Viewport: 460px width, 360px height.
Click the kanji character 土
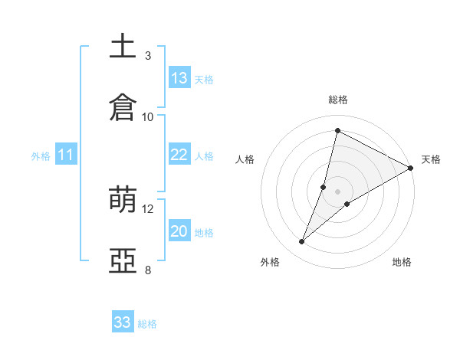123,46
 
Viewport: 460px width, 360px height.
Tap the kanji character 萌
123,201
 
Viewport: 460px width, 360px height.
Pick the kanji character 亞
123,261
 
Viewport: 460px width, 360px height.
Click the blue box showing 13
179,78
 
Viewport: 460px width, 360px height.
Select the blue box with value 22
179,155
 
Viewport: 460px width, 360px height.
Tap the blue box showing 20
179,231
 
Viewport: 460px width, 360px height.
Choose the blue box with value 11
66,155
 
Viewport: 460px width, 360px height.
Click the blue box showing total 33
123,322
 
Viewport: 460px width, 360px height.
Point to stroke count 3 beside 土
148,56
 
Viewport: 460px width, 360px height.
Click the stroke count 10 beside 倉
148,116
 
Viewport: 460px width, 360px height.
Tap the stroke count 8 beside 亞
148,270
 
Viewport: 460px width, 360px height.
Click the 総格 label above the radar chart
338,100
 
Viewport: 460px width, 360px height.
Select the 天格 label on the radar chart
431,159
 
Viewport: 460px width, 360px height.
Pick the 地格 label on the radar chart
402,262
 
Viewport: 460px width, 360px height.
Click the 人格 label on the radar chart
245,159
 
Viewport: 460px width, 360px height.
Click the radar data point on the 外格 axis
302,242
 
